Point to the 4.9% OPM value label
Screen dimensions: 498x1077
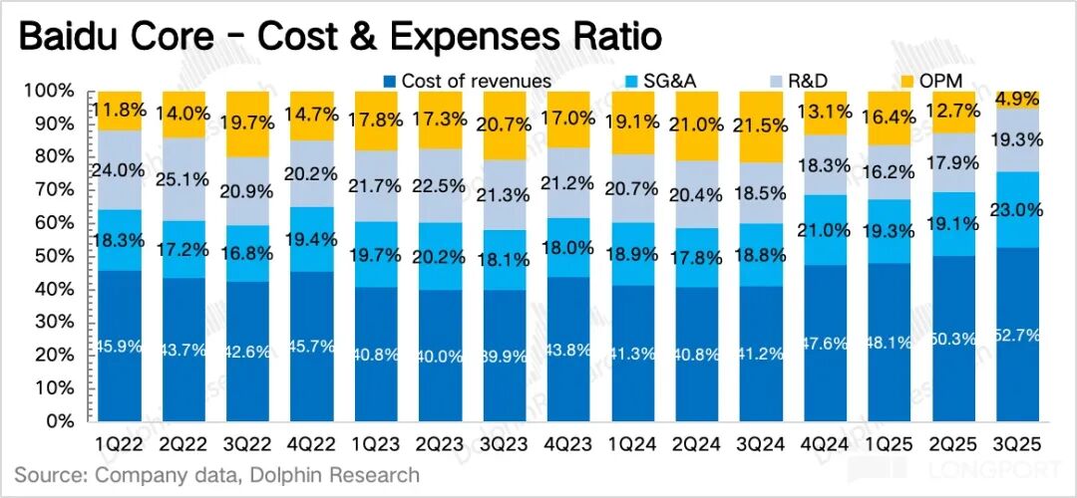click(1016, 99)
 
